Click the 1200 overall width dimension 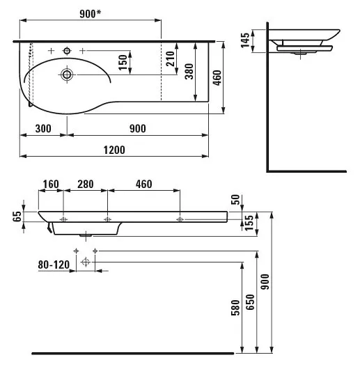tap(114, 150)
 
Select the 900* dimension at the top tap(91, 14)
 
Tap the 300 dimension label tap(43, 129)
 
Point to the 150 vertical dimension tap(123, 63)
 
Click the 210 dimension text tap(171, 58)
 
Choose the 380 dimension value tap(189, 71)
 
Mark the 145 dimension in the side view tap(245, 40)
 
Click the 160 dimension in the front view tap(51, 184)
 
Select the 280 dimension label tap(86, 184)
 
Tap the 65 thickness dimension tap(17, 217)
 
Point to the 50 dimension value tap(235, 200)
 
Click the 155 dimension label tap(249, 223)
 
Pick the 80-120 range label tap(54, 265)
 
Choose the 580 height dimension tap(235, 308)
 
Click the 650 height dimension tap(250, 302)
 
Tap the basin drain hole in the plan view tap(67, 74)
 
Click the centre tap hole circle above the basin tap(67, 51)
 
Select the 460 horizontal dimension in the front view tap(143, 184)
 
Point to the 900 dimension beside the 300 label tap(138, 129)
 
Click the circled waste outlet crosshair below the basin tap(86, 262)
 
